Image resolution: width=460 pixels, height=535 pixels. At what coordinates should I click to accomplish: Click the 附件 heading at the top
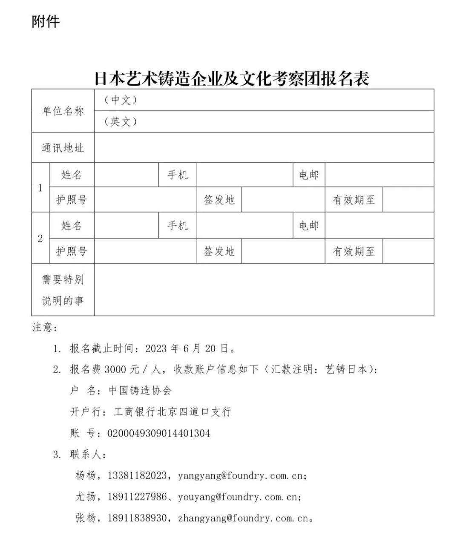pyautogui.click(x=46, y=21)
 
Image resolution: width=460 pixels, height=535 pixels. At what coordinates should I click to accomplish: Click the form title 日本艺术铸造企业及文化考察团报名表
pyautogui.click(x=232, y=79)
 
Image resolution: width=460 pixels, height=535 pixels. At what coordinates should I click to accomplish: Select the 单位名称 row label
pyautogui.click(x=63, y=111)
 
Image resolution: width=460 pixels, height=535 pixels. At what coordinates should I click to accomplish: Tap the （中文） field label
pyautogui.click(x=121, y=100)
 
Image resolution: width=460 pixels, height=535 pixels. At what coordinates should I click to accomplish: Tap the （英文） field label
pyautogui.click(x=121, y=122)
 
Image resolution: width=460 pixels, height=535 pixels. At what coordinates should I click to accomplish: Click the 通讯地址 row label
pyautogui.click(x=63, y=148)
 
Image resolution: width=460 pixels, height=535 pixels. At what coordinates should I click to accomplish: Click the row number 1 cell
pyautogui.click(x=40, y=187)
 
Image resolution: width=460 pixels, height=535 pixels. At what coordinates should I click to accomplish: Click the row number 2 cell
pyautogui.click(x=40, y=238)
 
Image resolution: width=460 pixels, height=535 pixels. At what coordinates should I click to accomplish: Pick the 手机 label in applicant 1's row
pyautogui.click(x=177, y=175)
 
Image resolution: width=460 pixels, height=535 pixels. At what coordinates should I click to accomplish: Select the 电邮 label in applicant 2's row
pyautogui.click(x=309, y=225)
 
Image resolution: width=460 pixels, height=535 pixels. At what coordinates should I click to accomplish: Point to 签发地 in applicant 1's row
pyautogui.click(x=219, y=200)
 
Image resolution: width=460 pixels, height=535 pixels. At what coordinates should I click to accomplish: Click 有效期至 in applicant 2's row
pyautogui.click(x=354, y=251)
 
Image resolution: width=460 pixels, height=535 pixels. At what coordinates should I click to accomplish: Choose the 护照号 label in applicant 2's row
pyautogui.click(x=72, y=251)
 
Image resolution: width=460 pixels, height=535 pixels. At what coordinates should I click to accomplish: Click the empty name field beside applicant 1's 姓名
pyautogui.click(x=126, y=175)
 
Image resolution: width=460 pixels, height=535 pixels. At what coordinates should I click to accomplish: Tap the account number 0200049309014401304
pyautogui.click(x=159, y=434)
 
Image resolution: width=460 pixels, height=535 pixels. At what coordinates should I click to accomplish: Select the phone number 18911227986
pyautogui.click(x=137, y=497)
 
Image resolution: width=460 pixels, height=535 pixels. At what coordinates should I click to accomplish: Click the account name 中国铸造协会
pyautogui.click(x=140, y=391)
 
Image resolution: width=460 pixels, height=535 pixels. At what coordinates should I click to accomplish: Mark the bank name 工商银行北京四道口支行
pyautogui.click(x=172, y=412)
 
